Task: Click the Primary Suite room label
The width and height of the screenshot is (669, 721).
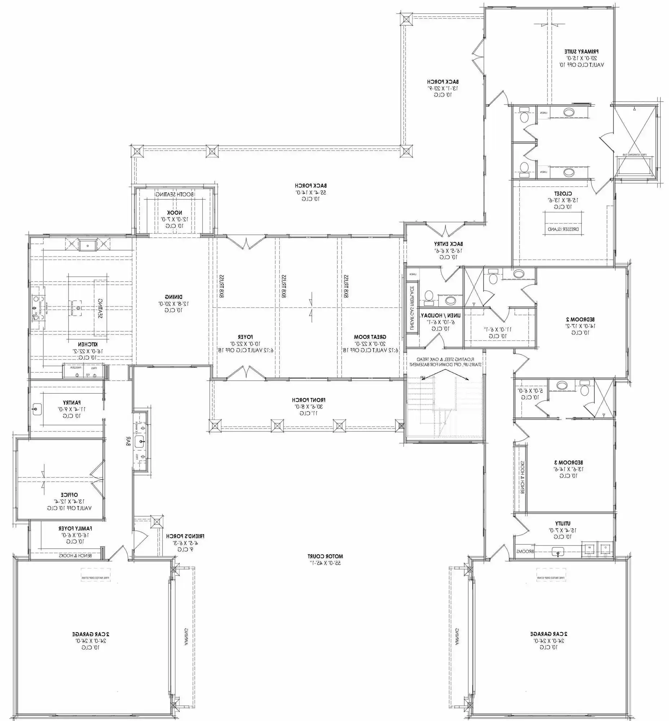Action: click(581, 52)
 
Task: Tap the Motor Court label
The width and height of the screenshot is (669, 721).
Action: click(325, 556)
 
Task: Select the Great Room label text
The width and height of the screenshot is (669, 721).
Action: click(370, 337)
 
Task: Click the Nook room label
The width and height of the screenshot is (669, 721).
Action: click(174, 213)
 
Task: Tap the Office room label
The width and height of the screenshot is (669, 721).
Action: click(69, 495)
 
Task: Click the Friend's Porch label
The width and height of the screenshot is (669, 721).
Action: click(185, 536)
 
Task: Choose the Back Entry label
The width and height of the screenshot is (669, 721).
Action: click(448, 244)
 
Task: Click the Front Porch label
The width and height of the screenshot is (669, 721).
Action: click(309, 400)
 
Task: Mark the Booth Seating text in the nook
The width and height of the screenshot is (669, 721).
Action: click(174, 194)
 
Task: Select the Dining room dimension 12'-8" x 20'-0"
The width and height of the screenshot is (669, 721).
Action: click(173, 304)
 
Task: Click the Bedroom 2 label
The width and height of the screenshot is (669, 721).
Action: click(580, 319)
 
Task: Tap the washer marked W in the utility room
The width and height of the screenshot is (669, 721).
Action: click(589, 547)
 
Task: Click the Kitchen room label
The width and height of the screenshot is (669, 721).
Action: click(88, 344)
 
